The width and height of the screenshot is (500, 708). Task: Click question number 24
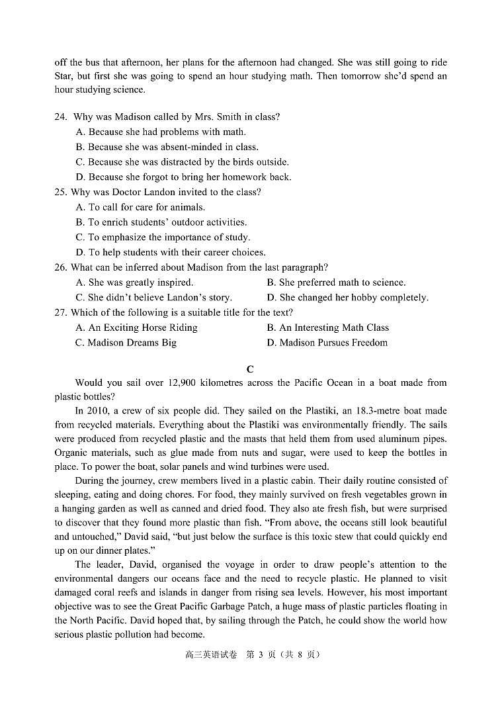pos(61,117)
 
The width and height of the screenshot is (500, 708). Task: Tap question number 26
pos(62,267)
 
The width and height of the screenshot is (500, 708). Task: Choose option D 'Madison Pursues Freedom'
pos(327,343)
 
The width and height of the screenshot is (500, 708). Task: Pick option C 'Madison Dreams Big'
pos(126,343)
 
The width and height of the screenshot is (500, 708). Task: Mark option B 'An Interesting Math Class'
pos(327,328)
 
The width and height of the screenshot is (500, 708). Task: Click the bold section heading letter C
pos(250,369)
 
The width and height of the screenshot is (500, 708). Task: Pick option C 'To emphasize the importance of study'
pos(163,238)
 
